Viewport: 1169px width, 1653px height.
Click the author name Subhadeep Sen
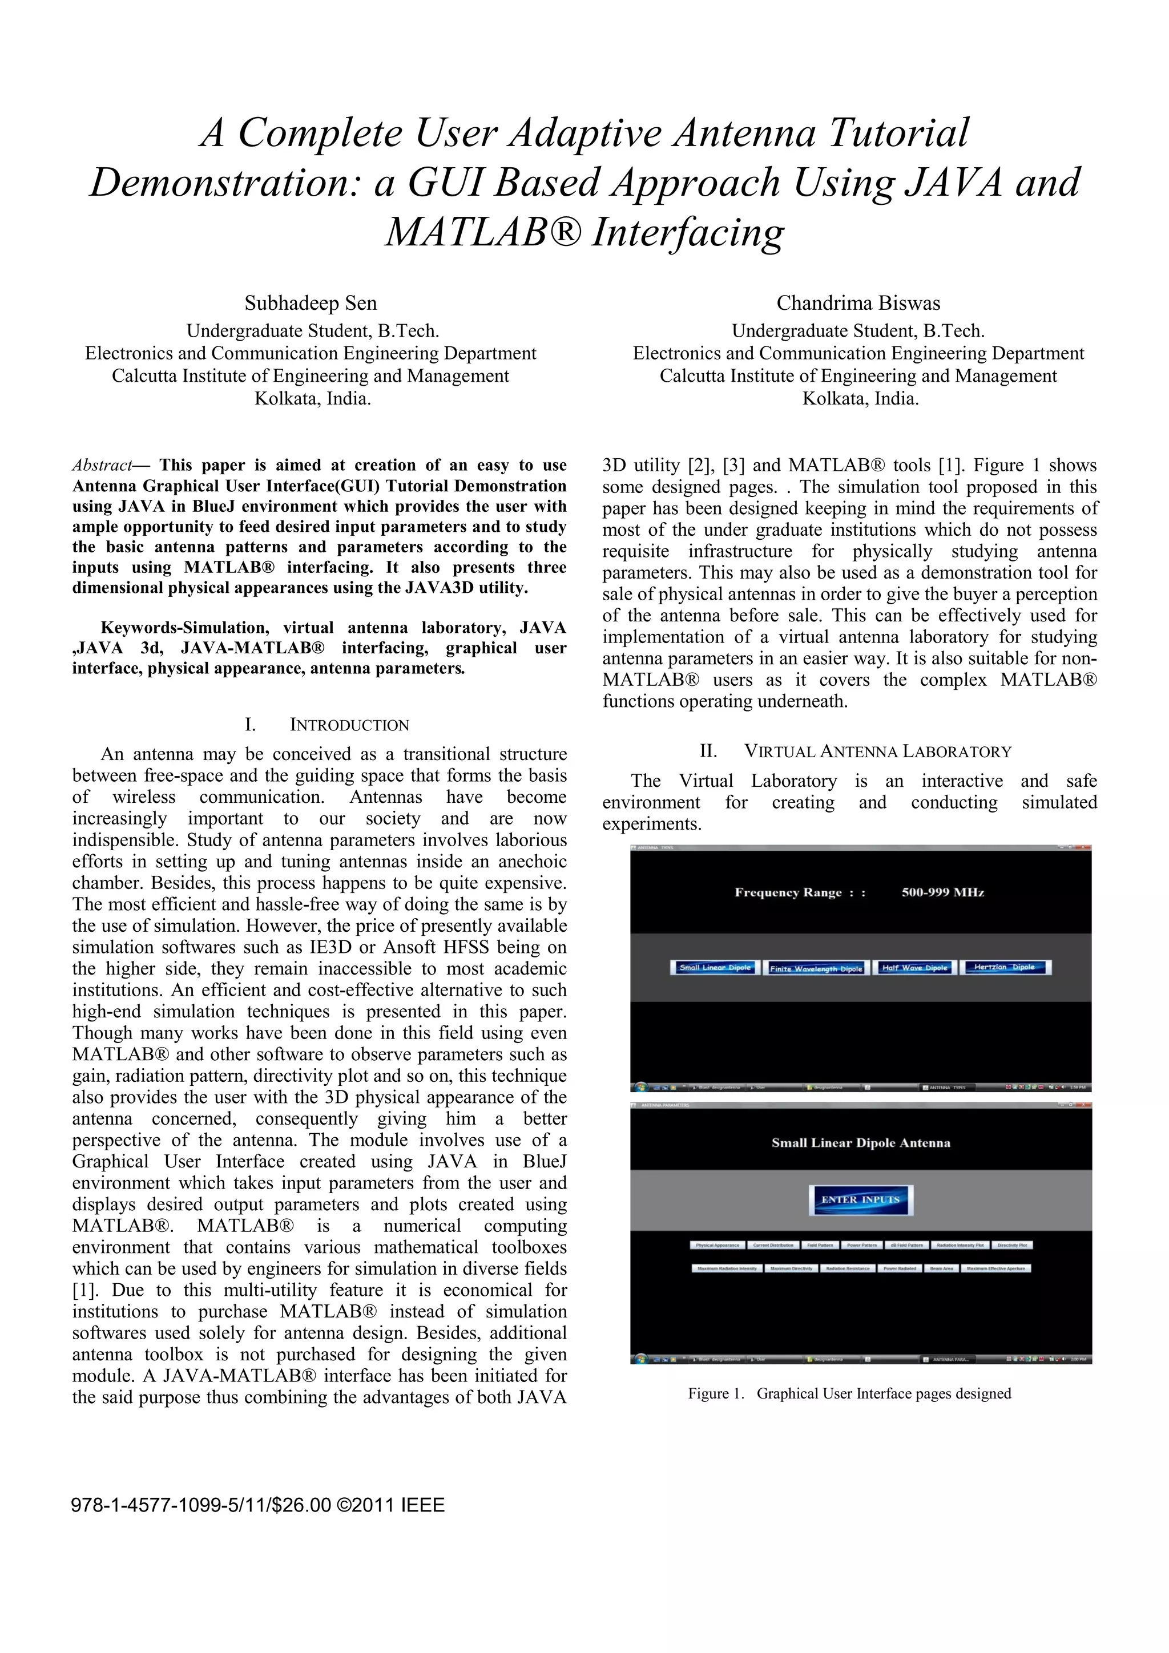pos(311,303)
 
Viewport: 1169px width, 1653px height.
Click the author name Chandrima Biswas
pos(858,303)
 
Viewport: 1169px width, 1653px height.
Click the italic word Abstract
pos(102,465)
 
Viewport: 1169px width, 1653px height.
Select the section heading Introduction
pos(349,725)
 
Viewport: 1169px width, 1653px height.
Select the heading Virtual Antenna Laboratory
pos(877,751)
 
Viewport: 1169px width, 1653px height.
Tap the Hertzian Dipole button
pos(1004,968)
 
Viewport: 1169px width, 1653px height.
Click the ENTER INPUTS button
pos(860,1199)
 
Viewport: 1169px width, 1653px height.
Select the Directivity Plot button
pos(1012,1245)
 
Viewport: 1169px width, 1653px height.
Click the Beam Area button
pos(941,1268)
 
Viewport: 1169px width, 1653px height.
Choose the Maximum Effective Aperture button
pos(997,1268)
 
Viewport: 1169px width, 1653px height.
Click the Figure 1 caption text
pos(849,1393)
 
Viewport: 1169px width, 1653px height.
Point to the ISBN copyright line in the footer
pos(258,1505)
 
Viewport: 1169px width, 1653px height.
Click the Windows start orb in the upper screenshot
pos(639,1087)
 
